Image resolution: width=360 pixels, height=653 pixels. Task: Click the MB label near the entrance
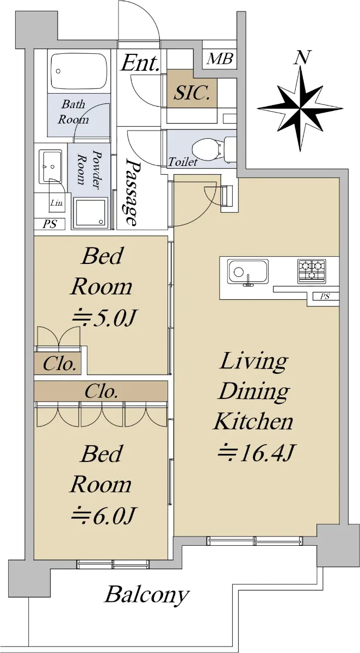click(x=219, y=59)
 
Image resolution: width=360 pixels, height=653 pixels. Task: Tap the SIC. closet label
click(x=192, y=93)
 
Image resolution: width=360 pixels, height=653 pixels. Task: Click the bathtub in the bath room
click(x=79, y=71)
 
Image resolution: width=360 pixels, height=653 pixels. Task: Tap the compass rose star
click(x=300, y=108)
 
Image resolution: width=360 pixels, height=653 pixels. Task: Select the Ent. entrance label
click(x=140, y=63)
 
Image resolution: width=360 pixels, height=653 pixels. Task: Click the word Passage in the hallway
click(x=133, y=193)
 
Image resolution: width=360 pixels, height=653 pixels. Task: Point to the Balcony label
click(x=147, y=595)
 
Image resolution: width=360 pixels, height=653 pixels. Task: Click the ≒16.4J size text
click(x=257, y=453)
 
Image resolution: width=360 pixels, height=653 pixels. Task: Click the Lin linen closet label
click(x=56, y=202)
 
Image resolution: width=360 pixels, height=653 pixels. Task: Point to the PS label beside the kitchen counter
click(x=325, y=297)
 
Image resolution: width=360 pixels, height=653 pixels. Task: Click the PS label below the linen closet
click(x=50, y=224)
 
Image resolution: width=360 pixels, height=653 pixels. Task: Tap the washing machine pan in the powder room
click(x=90, y=212)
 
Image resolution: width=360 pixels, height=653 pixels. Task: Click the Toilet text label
click(x=183, y=162)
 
